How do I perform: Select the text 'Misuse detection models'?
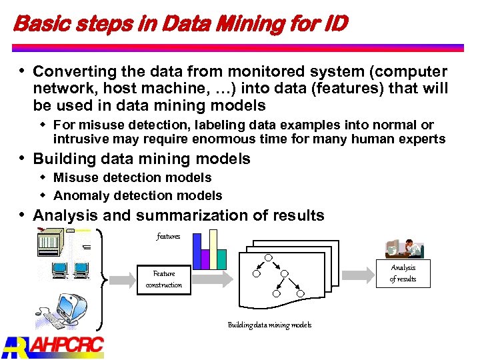click(x=132, y=177)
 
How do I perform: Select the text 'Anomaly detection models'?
click(x=137, y=195)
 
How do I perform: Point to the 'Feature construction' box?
click(x=164, y=279)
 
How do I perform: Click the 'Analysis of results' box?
click(x=403, y=273)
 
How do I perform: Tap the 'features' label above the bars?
click(x=168, y=236)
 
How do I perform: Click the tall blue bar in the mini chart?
click(x=197, y=251)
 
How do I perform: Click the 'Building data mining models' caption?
click(x=269, y=325)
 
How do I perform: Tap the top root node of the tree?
click(x=268, y=258)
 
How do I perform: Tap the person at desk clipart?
click(x=405, y=247)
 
